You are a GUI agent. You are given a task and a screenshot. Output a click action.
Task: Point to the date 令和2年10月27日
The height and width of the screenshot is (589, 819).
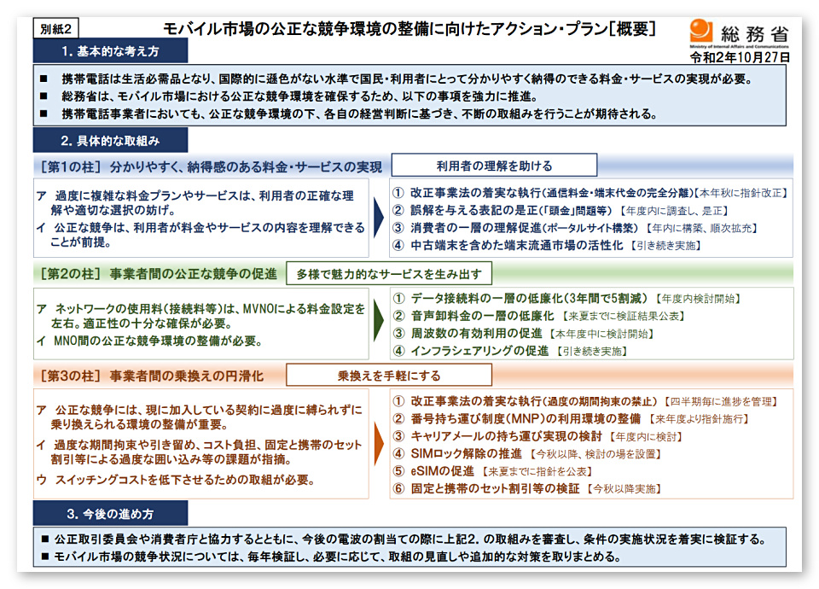pyautogui.click(x=741, y=57)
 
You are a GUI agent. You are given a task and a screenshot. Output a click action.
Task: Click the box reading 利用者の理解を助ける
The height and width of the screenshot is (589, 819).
pyautogui.click(x=494, y=166)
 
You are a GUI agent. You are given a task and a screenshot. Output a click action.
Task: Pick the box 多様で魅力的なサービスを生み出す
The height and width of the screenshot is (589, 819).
pyautogui.click(x=388, y=274)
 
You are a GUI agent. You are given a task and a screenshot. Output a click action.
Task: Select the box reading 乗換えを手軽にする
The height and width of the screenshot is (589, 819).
pyautogui.click(x=388, y=375)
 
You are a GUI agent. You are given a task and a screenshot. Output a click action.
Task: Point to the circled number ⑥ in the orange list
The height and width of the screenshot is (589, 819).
pyautogui.click(x=398, y=489)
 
